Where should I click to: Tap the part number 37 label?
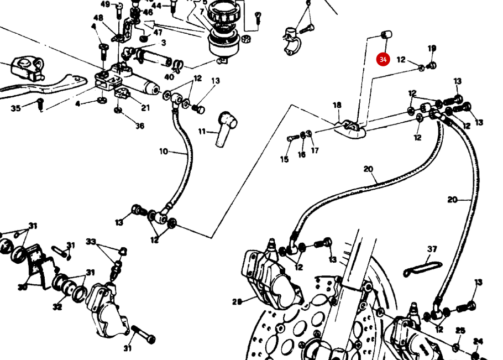(x=432, y=249)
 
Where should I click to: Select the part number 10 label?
(x=164, y=151)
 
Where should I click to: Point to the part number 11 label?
(x=202, y=132)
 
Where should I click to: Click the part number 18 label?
(x=337, y=105)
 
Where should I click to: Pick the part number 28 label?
(x=237, y=301)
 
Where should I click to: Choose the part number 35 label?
(x=15, y=108)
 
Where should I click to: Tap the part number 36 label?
(x=140, y=126)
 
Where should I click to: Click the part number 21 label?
(x=145, y=108)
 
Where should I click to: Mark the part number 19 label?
(x=432, y=49)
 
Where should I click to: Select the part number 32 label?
(x=57, y=307)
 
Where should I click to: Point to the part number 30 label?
(x=23, y=287)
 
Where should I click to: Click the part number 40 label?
(x=169, y=77)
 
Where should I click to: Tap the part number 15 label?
(x=285, y=159)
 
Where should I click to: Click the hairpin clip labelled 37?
(x=423, y=268)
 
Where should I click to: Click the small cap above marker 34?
(x=386, y=35)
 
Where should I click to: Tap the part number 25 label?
(x=460, y=331)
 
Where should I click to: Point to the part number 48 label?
(x=98, y=18)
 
